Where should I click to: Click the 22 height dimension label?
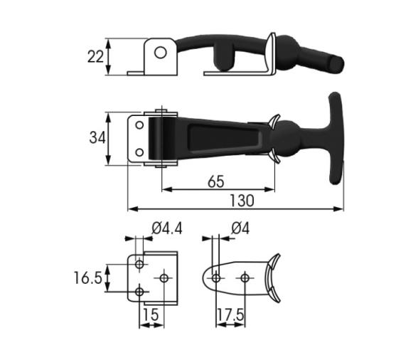(95, 57)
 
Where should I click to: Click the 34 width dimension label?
(97, 138)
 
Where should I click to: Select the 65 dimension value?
(216, 181)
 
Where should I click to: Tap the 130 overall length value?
(242, 201)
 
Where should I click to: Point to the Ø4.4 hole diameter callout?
(167, 228)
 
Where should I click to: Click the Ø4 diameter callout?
(240, 228)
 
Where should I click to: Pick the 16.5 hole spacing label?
(87, 278)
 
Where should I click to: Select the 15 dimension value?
(151, 314)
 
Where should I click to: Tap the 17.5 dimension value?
(230, 314)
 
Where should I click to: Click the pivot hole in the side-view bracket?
(161, 53)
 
